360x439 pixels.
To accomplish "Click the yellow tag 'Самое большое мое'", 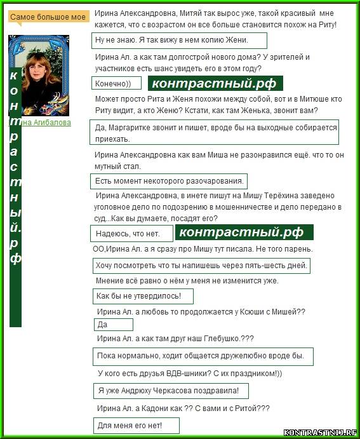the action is (48, 17).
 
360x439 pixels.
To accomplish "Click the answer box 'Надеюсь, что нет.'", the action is (130, 234).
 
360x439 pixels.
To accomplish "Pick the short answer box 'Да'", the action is (112, 325).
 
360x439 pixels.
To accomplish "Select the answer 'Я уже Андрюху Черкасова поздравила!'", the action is (170, 390).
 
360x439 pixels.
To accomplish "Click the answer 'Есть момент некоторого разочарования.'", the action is (169, 181).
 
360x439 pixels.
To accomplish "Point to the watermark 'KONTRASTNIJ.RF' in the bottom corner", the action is (320, 432).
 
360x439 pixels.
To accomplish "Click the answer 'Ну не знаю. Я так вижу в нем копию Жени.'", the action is (178, 41).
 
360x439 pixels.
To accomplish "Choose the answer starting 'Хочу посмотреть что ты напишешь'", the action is (201, 266).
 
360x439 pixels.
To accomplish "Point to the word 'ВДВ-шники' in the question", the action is (175, 374).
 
